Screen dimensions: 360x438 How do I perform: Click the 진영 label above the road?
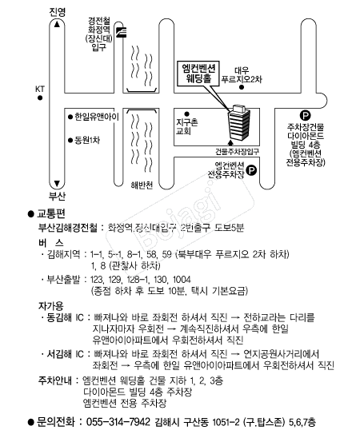58,12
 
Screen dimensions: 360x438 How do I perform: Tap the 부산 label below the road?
58,196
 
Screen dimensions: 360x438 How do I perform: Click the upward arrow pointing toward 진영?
58,24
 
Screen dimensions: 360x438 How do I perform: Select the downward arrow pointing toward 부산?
57,184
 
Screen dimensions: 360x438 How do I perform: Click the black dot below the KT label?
40,98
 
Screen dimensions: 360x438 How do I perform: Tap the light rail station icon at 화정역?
122,32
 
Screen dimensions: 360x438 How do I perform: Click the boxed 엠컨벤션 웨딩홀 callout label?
198,74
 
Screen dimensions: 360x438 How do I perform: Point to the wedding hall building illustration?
239,122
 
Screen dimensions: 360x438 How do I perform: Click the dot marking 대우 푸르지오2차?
242,87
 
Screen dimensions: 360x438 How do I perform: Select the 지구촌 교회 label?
186,126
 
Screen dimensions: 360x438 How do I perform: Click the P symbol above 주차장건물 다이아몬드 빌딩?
306,115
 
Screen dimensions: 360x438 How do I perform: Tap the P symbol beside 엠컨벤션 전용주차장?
251,170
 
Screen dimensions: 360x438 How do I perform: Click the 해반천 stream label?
142,185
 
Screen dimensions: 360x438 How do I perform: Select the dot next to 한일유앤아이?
70,117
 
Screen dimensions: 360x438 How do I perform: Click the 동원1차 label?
87,140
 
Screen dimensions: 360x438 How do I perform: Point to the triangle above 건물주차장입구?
230,143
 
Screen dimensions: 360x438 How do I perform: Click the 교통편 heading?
51,213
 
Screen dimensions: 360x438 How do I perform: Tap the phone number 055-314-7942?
118,421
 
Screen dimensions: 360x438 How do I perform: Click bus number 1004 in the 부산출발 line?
182,280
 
